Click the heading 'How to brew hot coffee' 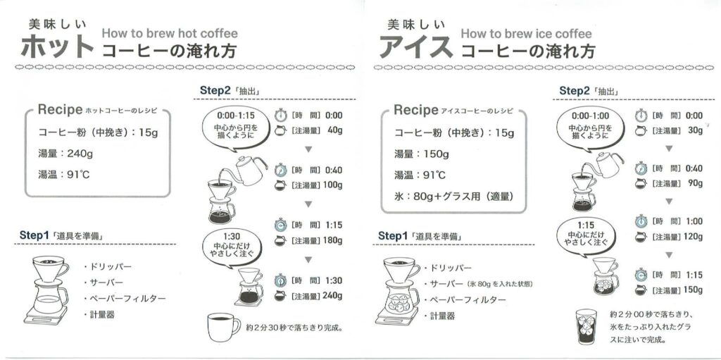coord(170,34)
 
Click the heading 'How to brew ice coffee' coord(526,34)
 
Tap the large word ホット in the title coord(58,46)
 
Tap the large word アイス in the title coord(416,46)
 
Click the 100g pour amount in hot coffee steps coord(333,185)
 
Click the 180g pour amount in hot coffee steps coord(332,240)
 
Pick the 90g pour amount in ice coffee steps coord(695,183)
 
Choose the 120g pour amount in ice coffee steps coord(693,237)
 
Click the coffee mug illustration coord(223,328)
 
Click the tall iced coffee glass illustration coord(587,328)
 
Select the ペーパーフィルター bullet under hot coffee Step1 coord(125,298)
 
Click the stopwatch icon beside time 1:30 coord(280,280)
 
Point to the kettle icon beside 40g coord(280,131)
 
